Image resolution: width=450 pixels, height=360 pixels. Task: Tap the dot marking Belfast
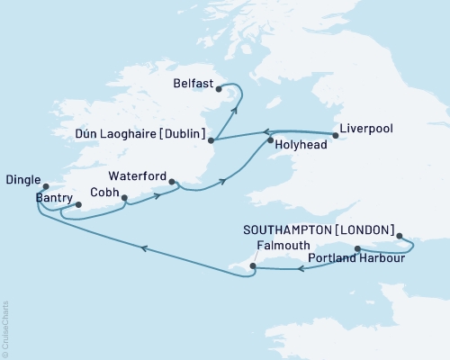click(x=219, y=88)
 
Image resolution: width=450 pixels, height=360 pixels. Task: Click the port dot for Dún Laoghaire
click(x=210, y=140)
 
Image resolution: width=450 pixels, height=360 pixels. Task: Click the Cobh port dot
click(x=124, y=199)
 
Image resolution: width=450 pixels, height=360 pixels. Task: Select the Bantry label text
click(x=53, y=196)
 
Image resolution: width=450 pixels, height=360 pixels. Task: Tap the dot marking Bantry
click(x=78, y=204)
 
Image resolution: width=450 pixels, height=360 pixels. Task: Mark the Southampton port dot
click(x=400, y=229)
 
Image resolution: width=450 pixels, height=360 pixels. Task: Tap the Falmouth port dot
click(x=253, y=265)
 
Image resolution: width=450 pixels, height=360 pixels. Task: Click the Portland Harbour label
click(x=355, y=259)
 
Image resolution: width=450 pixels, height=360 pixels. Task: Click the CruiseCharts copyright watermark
click(x=5, y=328)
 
